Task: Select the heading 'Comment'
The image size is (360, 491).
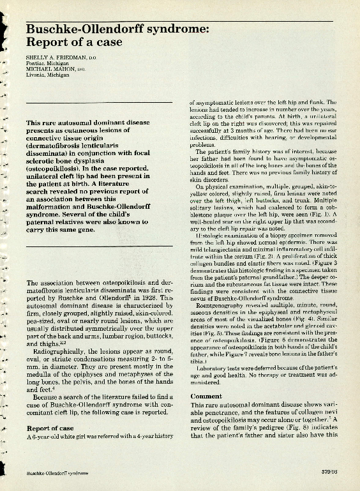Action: click(206, 396)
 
